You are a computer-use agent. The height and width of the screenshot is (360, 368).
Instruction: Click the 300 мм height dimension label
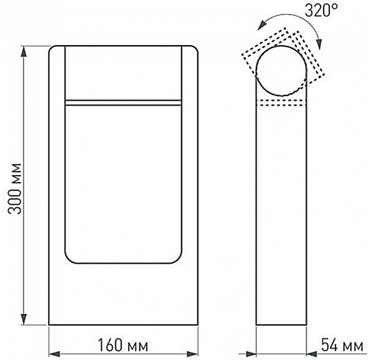click(17, 187)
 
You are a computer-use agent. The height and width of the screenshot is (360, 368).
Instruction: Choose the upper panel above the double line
click(123, 72)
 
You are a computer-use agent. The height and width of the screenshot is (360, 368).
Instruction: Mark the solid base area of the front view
click(123, 295)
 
